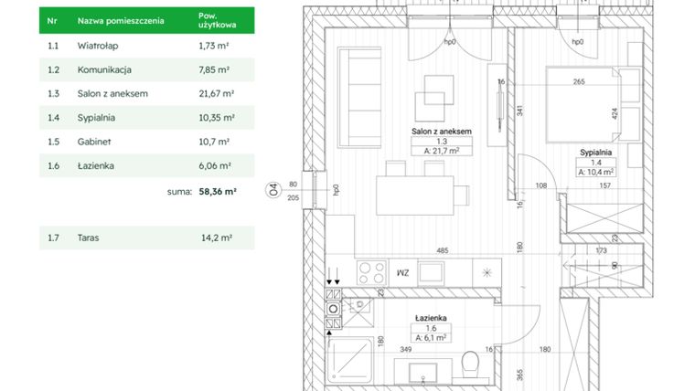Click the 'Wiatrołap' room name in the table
point(97,45)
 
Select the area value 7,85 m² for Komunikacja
point(214,69)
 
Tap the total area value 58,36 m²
point(218,193)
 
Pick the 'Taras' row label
point(90,238)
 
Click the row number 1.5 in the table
point(53,142)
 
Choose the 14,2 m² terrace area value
point(216,238)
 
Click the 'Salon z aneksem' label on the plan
point(441,132)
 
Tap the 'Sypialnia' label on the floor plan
point(594,153)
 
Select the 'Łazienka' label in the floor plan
point(429,318)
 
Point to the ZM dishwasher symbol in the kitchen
point(401,272)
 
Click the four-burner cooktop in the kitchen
point(371,271)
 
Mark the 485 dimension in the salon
point(442,250)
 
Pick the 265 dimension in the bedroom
point(578,81)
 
